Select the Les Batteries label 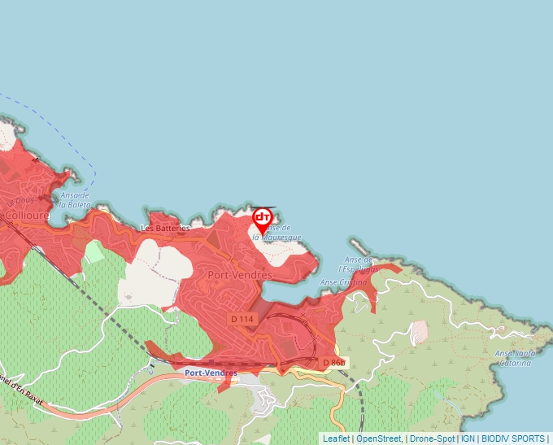[165, 229]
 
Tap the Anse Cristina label [344, 282]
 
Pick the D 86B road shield [333, 361]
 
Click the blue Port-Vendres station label [211, 373]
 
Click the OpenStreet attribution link [378, 438]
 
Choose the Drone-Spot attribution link [432, 438]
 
